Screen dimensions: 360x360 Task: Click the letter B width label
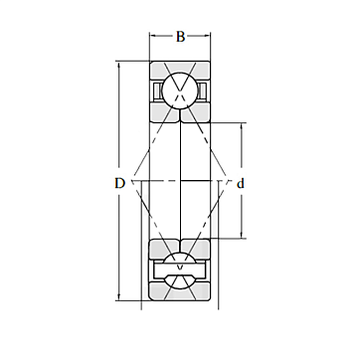pyautogui.click(x=180, y=37)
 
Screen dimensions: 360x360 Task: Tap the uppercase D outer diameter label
pyautogui.click(x=119, y=183)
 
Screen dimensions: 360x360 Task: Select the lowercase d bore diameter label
pyautogui.click(x=241, y=183)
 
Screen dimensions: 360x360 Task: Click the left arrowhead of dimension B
pyautogui.click(x=153, y=35)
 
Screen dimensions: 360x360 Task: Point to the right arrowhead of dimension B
pyautogui.click(x=207, y=35)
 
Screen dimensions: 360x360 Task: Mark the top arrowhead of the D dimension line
pyautogui.click(x=119, y=65)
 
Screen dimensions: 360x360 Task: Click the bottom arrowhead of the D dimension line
pyautogui.click(x=119, y=296)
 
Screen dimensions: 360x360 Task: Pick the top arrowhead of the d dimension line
pyautogui.click(x=241, y=127)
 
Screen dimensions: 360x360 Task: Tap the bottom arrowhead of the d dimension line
pyautogui.click(x=241, y=234)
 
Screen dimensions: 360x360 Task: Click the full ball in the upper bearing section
pyautogui.click(x=180, y=90)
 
